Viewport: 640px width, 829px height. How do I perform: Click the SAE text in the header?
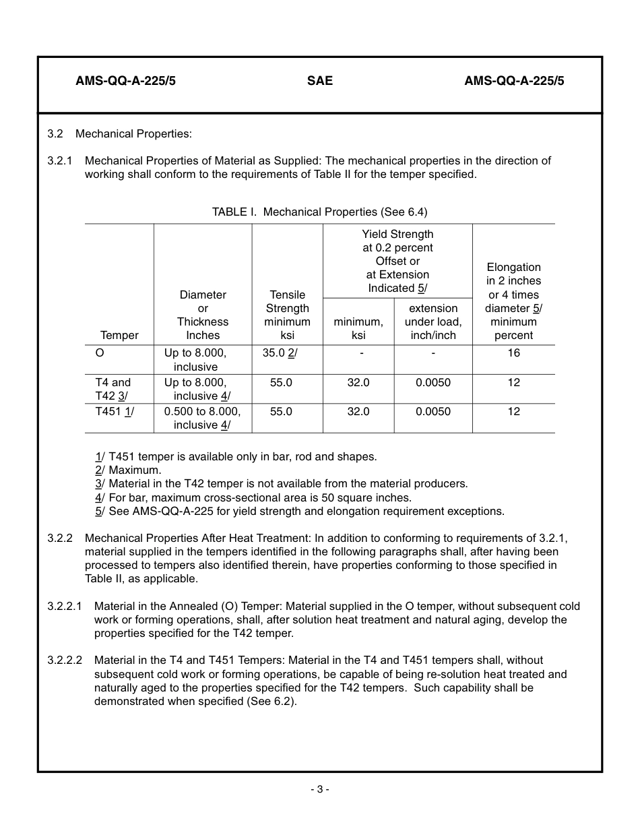point(319,81)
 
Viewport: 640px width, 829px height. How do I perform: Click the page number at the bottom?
point(319,789)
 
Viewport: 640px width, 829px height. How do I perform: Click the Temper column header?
point(119,335)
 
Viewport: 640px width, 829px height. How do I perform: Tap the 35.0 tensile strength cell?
point(280,353)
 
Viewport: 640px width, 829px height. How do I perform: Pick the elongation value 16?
point(513,353)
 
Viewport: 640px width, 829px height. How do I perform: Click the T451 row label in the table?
point(114,411)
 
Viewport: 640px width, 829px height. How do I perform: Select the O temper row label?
point(100,353)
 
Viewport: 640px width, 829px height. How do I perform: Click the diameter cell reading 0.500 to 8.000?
point(202,411)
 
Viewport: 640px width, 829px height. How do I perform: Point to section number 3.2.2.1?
point(65,606)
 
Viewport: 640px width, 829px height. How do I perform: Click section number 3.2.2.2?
point(65,660)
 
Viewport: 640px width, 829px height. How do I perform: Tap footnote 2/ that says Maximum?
point(128,470)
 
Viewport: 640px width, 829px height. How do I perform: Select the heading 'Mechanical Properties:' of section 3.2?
point(133,133)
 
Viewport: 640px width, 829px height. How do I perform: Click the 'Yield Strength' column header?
point(397,234)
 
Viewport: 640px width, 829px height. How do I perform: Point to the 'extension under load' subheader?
point(433,321)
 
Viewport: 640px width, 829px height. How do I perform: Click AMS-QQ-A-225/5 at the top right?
point(514,81)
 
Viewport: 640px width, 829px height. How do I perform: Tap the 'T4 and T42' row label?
point(113,389)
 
